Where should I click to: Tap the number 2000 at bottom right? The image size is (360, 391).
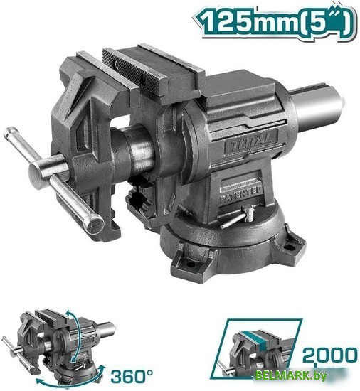[328, 353]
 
